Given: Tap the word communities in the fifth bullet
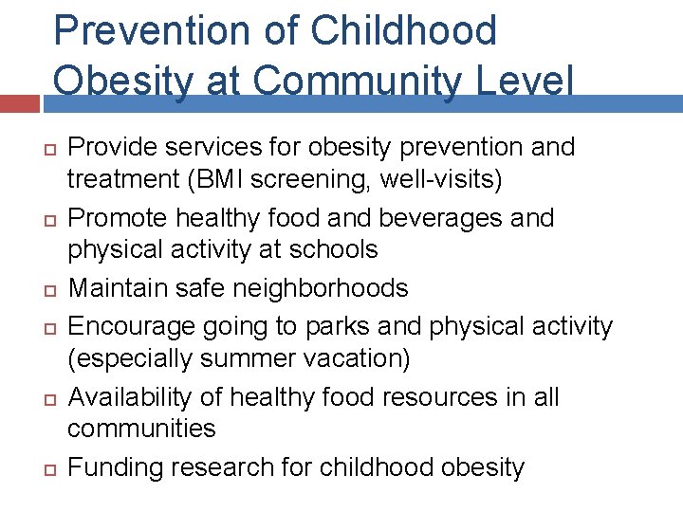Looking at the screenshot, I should pos(141,429).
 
